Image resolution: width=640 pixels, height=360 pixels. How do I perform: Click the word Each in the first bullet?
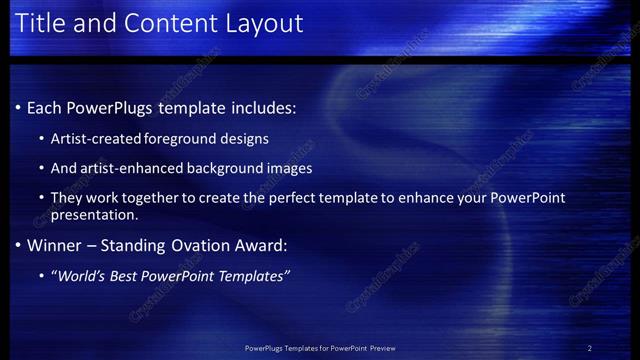(x=44, y=108)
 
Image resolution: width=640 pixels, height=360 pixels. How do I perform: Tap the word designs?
(x=245, y=138)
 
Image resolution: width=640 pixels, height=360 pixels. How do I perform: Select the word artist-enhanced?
(x=127, y=168)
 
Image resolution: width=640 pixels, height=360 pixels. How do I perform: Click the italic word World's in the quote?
(x=80, y=276)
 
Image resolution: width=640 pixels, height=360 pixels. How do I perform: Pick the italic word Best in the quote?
(x=126, y=276)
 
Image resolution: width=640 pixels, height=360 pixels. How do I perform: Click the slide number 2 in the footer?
(x=589, y=348)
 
